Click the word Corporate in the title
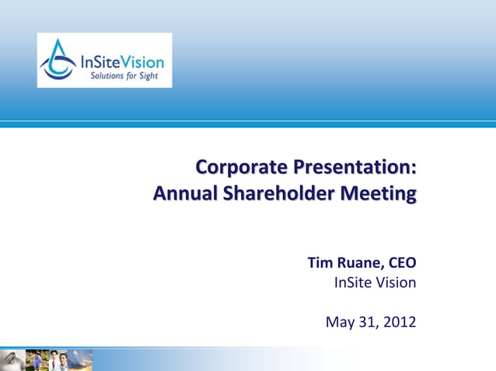pyautogui.click(x=240, y=168)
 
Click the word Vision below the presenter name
pyautogui.click(x=396, y=283)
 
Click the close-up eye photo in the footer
pyautogui.click(x=11, y=360)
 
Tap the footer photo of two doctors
pyautogui.click(x=59, y=360)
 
